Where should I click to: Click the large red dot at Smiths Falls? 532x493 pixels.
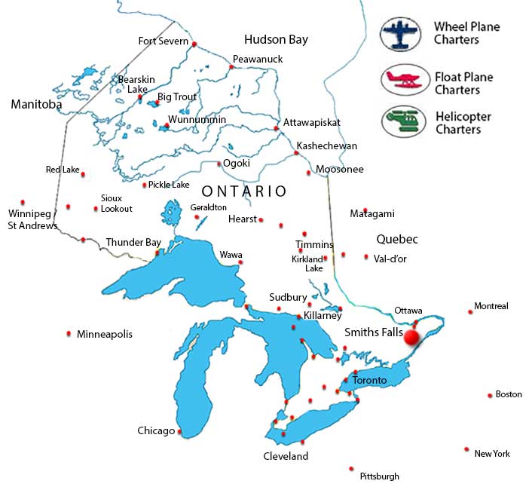[411, 338]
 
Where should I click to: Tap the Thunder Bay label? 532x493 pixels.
[133, 242]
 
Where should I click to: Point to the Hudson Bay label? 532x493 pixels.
[276, 39]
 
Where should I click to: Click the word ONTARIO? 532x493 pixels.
[244, 191]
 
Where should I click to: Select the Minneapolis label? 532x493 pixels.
[105, 333]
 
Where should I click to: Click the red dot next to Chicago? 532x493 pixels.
[179, 432]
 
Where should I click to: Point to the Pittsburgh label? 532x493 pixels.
[380, 476]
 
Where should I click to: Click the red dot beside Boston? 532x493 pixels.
[489, 394]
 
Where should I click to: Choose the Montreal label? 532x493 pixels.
[491, 306]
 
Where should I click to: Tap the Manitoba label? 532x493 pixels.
[36, 105]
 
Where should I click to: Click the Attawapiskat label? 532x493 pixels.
[312, 122]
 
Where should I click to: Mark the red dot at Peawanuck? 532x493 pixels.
[231, 67]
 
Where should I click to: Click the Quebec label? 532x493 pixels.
[396, 239]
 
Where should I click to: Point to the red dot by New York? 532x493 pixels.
[467, 449]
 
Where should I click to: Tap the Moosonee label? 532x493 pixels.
[340, 170]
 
